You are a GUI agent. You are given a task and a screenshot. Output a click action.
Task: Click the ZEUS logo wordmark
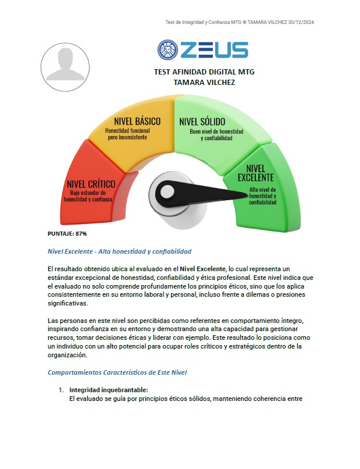pos(214,50)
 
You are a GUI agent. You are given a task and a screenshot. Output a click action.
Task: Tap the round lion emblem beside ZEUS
pos(167,50)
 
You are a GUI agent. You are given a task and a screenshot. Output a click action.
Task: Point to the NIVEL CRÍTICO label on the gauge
pos(91,184)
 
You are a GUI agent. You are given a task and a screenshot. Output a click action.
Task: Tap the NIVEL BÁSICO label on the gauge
pos(137,121)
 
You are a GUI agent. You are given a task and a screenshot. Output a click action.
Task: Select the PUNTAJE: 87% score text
pos(67,233)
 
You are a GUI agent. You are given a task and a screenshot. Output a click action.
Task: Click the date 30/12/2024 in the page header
pos(301,22)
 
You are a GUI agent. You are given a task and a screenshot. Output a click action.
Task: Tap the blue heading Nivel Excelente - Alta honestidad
pos(119,251)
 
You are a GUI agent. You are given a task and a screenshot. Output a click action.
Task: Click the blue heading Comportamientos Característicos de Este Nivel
pos(124,372)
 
